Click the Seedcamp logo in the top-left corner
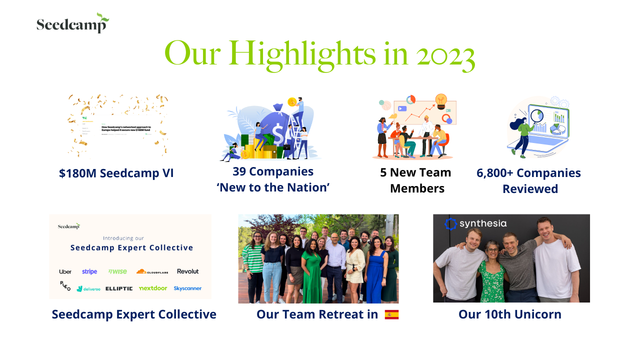(x=72, y=23)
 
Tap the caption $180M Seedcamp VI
(x=116, y=173)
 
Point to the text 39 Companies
(x=273, y=171)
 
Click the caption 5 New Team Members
(x=415, y=180)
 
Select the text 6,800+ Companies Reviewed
(x=529, y=180)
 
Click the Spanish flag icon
(x=391, y=314)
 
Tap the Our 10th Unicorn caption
(x=510, y=314)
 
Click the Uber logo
(x=65, y=271)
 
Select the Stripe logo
(x=89, y=271)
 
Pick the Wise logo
(x=117, y=271)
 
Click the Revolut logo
(x=187, y=271)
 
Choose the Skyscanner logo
(x=187, y=288)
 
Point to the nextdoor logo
(x=153, y=288)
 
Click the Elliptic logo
(x=119, y=288)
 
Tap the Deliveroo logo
(x=88, y=288)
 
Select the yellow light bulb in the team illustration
(x=440, y=100)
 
